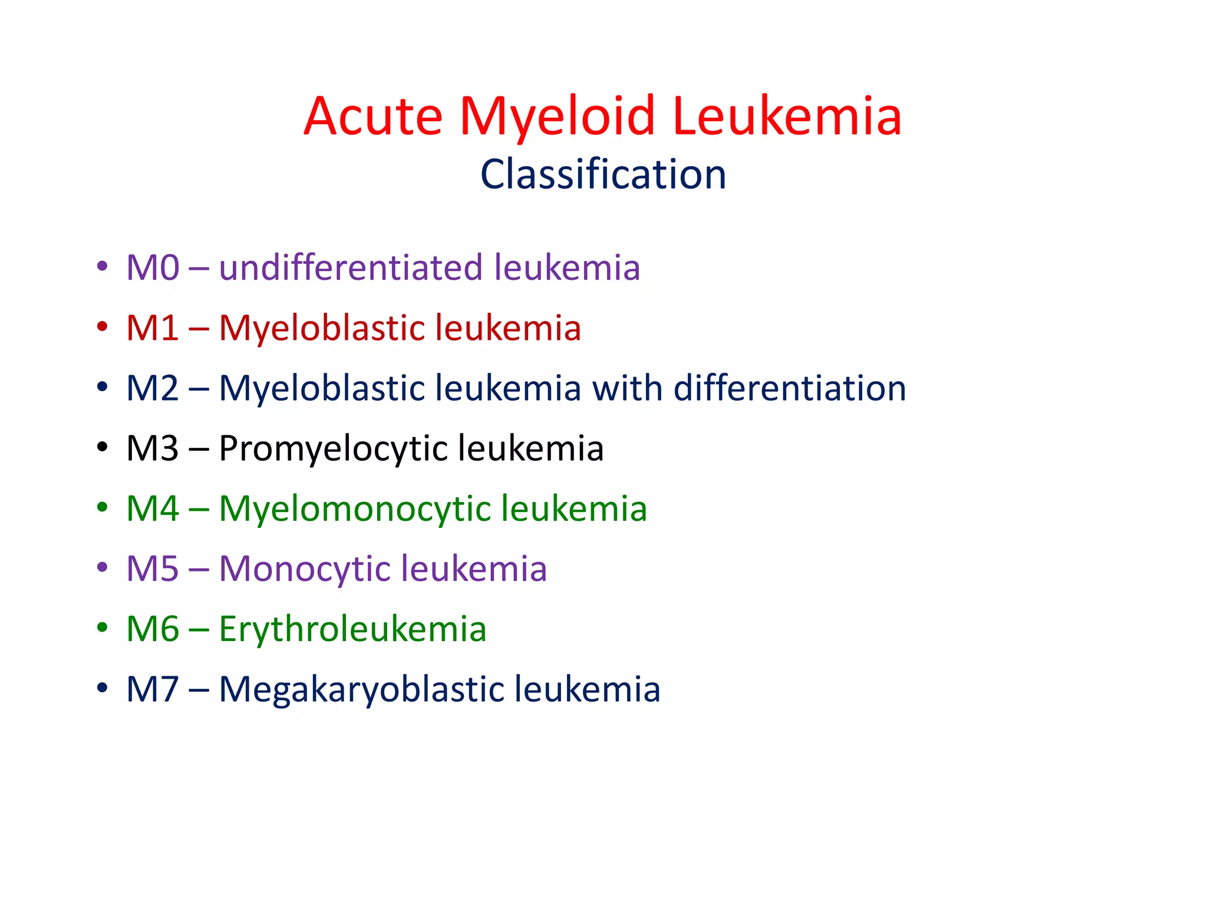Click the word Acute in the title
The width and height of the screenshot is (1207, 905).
(373, 116)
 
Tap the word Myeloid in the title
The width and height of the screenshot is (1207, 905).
(558, 116)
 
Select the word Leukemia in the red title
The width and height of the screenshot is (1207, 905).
(786, 116)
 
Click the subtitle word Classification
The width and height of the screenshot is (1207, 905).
(603, 174)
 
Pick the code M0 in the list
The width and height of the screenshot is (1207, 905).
(153, 267)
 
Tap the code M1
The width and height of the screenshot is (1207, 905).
(153, 328)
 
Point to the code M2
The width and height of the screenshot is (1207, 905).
(153, 388)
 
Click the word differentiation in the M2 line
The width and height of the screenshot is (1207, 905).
(790, 388)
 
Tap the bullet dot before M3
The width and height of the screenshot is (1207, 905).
(103, 447)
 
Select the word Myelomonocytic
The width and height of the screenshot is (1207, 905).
(355, 510)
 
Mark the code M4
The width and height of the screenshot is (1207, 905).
(153, 508)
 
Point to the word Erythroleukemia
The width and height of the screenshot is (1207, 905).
(352, 629)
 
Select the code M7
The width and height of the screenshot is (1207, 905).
(153, 689)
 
